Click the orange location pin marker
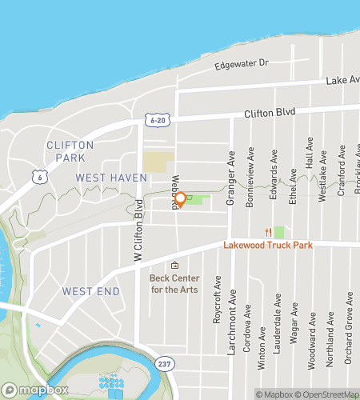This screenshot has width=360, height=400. [181, 199]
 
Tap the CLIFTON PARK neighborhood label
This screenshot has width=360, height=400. [70, 151]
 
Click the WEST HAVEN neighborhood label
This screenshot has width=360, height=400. [111, 177]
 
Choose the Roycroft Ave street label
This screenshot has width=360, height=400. [217, 300]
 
